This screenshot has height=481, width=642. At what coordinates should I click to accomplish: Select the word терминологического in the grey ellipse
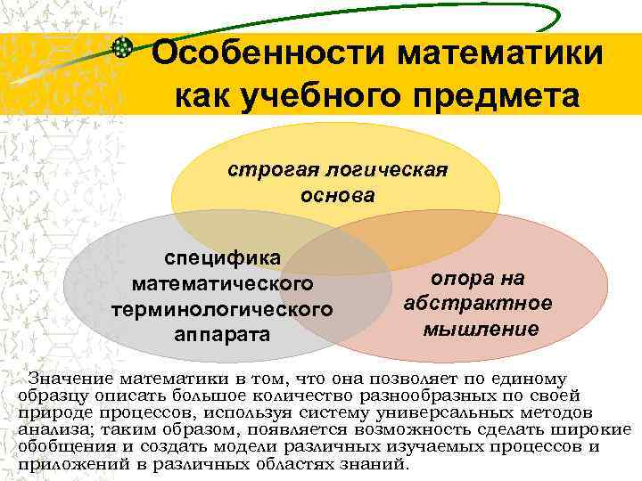click(x=222, y=310)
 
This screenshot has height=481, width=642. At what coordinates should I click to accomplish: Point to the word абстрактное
click(x=477, y=303)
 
